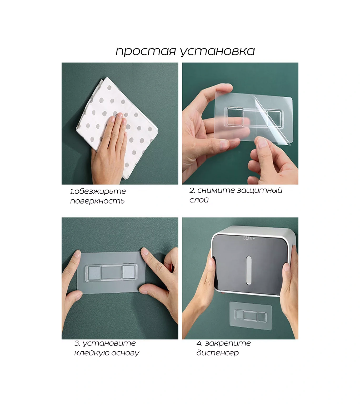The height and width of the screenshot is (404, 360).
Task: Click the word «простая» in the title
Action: pyautogui.click(x=146, y=51)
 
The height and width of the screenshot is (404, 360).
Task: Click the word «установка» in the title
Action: pyautogui.click(x=217, y=51)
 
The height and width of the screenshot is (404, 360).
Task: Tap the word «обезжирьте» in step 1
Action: pyautogui.click(x=100, y=191)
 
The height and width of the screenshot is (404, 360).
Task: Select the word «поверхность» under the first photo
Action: pyautogui.click(x=97, y=201)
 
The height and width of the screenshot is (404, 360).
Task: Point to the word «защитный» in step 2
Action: pyautogui.click(x=259, y=190)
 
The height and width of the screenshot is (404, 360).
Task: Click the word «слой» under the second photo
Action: pyautogui.click(x=199, y=200)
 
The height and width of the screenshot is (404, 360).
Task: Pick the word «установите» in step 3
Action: pyautogui.click(x=109, y=343)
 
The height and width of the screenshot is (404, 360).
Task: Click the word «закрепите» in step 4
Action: pyautogui.click(x=228, y=343)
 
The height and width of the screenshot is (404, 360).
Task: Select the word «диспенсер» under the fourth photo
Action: pyautogui.click(x=218, y=353)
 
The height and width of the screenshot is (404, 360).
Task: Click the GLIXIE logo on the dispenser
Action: pyautogui.click(x=248, y=238)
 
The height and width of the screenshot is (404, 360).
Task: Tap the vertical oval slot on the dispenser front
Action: pyautogui.click(x=249, y=270)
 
